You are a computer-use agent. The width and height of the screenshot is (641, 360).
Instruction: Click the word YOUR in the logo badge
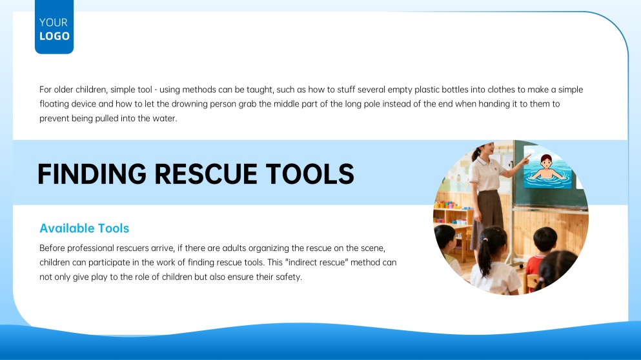coord(54,23)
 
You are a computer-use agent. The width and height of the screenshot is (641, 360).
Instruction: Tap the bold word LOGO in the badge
coord(54,36)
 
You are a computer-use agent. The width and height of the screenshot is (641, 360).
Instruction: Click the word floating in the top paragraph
coord(56,103)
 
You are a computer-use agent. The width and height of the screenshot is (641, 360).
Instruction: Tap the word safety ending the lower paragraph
coord(287,277)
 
